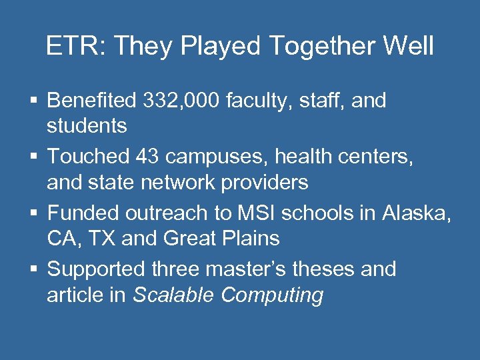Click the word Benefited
[92, 101]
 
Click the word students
[87, 125]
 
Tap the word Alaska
[417, 213]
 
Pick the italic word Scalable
[174, 294]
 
